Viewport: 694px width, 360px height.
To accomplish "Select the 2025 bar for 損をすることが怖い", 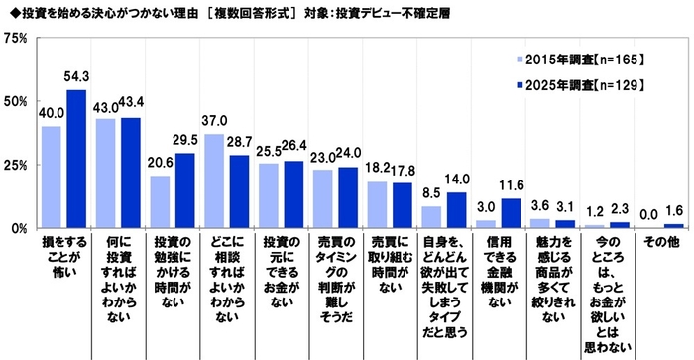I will pos(76,159).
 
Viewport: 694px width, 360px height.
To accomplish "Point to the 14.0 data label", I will pos(459,180).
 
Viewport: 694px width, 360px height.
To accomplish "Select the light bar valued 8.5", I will pos(431,217).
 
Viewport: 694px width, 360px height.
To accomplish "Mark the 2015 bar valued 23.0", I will pos(322,198).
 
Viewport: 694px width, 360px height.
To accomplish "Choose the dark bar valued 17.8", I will pos(403,205).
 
